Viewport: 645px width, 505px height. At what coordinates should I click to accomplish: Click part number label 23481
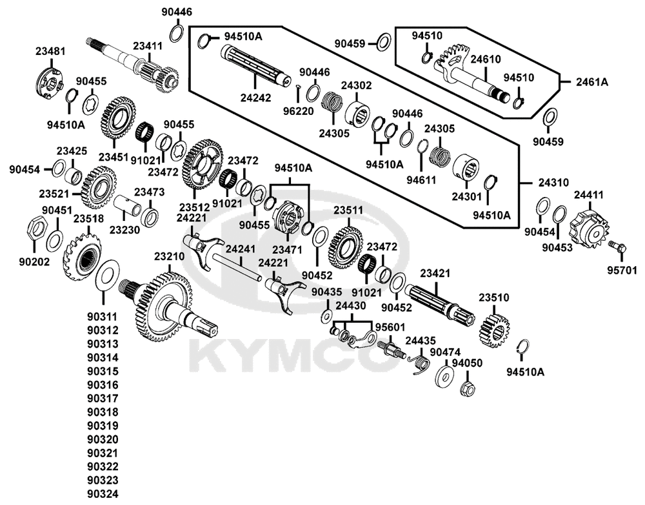tap(52, 50)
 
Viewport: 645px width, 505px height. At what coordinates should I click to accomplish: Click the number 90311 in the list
tap(103, 317)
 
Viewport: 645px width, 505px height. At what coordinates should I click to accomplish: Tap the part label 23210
tap(170, 256)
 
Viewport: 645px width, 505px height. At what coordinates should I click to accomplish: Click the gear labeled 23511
tap(348, 248)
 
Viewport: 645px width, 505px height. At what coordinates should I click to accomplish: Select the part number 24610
tap(484, 59)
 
